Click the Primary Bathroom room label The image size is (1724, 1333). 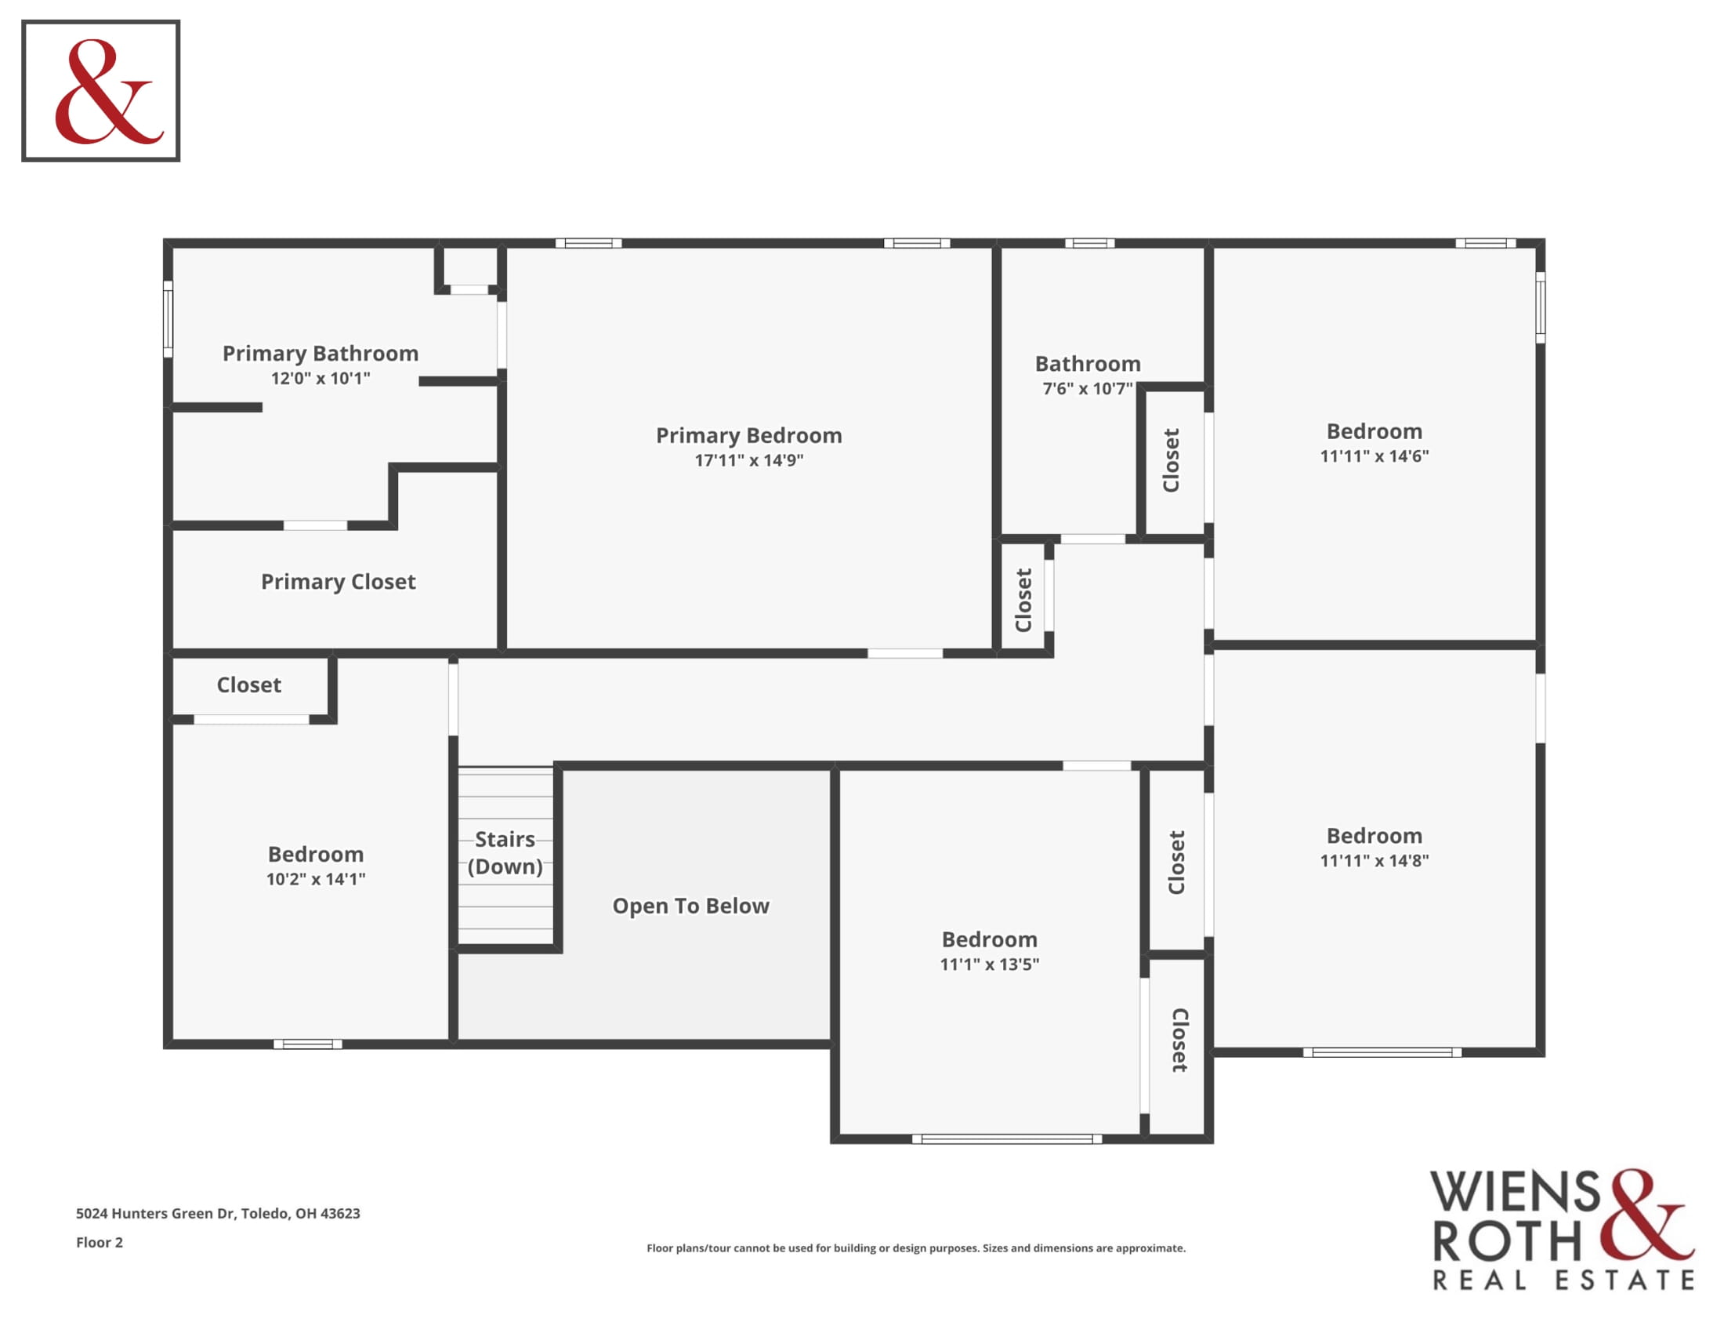(321, 353)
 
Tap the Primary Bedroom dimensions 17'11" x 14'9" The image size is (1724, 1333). (748, 459)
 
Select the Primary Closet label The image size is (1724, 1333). (338, 582)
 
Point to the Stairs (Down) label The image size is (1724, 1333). (505, 852)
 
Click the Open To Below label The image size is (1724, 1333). (690, 906)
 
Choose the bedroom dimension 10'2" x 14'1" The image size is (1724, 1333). (316, 879)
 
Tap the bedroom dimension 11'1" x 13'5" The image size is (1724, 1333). (989, 964)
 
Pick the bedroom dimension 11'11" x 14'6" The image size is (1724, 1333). (1374, 456)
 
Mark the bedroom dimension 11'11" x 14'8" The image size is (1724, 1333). (1374, 861)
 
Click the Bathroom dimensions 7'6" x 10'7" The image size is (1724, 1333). (1088, 388)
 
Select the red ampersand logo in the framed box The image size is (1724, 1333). (109, 92)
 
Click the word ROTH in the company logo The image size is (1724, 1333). (1507, 1242)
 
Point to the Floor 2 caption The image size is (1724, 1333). (100, 1243)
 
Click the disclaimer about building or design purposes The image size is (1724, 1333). (915, 1248)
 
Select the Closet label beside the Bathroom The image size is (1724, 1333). (1171, 460)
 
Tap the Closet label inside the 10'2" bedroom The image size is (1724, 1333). (248, 685)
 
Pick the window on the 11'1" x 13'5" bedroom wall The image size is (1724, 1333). (1007, 1139)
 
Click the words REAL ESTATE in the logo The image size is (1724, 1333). (1564, 1280)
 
